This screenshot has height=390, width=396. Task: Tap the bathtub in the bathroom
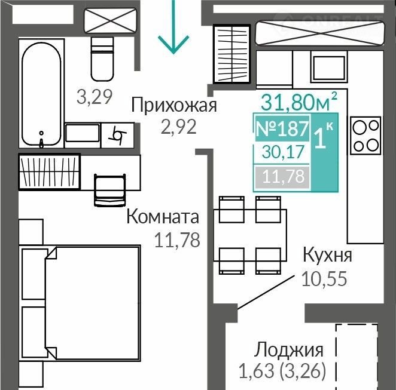[41, 94]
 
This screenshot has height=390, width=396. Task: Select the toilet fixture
[102, 59]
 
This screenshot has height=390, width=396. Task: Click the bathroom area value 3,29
[94, 97]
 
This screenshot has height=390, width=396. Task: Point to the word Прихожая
[174, 105]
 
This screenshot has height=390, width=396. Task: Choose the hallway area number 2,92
[178, 127]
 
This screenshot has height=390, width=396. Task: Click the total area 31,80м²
[299, 102]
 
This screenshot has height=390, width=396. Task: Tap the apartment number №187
[282, 128]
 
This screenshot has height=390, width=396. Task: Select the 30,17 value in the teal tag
[283, 152]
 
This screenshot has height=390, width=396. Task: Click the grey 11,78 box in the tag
[282, 177]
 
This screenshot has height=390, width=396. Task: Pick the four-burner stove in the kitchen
[365, 136]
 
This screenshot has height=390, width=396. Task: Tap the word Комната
[163, 217]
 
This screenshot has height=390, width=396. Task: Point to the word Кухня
[327, 255]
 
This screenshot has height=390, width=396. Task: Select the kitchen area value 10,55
[324, 279]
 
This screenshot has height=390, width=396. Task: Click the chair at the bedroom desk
[110, 190]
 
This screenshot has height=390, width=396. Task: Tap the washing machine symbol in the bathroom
[117, 136]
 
